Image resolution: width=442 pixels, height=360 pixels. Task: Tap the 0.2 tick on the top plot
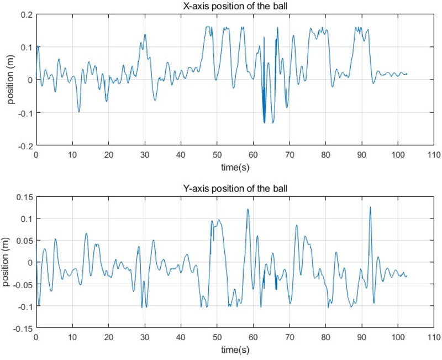click(26, 14)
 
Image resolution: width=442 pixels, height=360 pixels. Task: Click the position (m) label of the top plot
click(10, 80)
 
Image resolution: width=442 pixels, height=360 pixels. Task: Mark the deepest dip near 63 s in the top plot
click(265, 122)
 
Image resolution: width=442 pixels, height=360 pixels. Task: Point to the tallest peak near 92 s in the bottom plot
click(370, 207)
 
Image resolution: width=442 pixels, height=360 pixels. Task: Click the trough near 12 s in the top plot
click(79, 112)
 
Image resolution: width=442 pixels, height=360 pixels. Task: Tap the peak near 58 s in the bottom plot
click(248, 209)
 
